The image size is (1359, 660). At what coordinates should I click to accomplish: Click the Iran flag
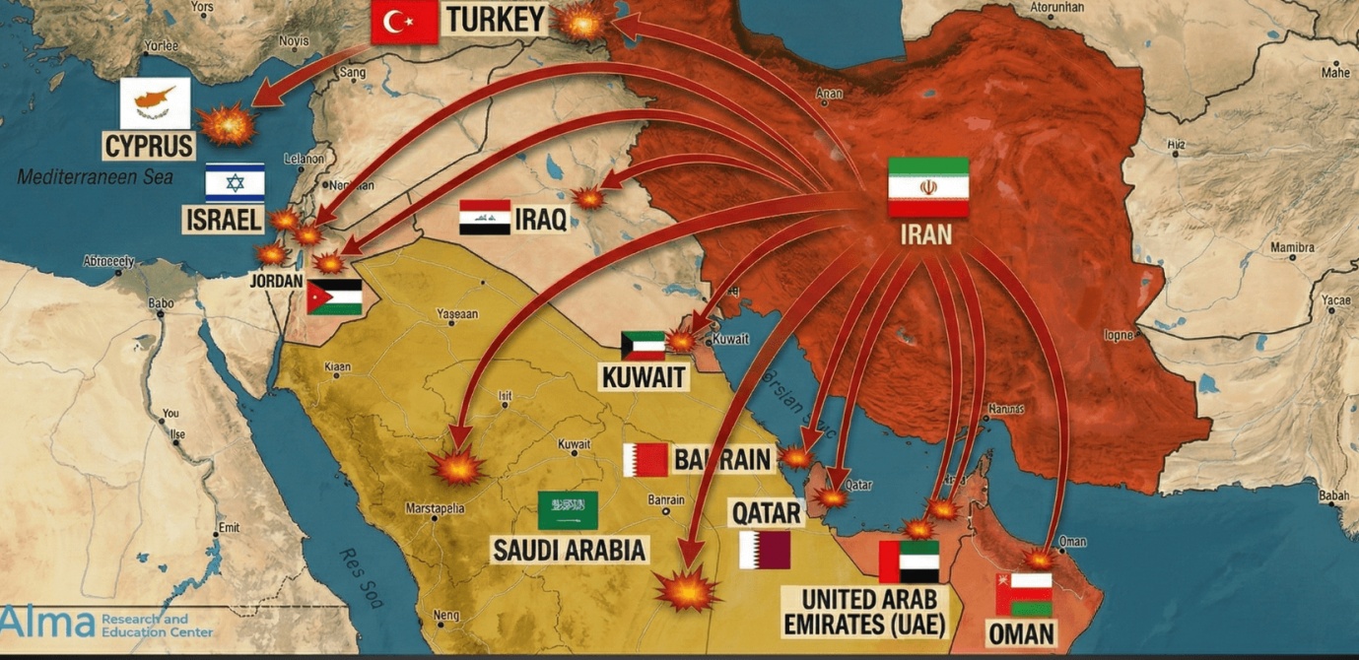(927, 187)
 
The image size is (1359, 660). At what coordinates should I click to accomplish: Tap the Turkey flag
(404, 21)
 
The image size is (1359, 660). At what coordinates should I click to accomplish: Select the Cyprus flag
(155, 102)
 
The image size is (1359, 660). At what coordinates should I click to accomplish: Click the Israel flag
(235, 182)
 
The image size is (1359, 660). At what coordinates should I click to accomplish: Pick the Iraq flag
(485, 217)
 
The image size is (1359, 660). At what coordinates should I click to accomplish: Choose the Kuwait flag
(643, 346)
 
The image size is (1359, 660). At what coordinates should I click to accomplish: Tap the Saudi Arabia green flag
(568, 510)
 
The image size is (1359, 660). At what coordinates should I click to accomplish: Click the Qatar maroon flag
(765, 550)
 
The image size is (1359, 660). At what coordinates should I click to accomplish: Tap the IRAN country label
(926, 234)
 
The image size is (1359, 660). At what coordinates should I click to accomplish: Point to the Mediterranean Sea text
(95, 177)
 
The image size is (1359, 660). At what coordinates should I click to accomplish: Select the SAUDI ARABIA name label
(570, 550)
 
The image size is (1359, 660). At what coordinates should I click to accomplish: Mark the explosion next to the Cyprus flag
(228, 124)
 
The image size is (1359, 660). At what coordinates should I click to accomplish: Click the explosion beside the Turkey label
(580, 22)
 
